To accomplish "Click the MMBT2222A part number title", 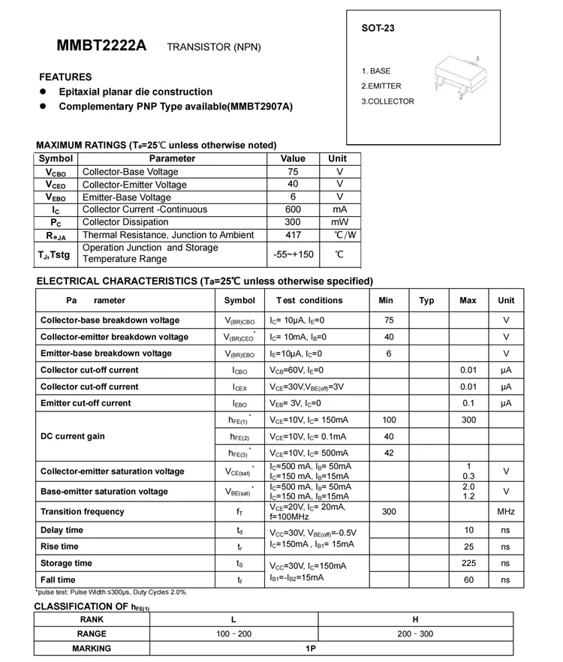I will [x=101, y=46].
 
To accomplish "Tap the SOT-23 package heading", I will [x=378, y=29].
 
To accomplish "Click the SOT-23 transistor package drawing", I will [x=457, y=77].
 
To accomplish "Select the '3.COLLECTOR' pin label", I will [x=387, y=101].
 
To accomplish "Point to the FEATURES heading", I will [x=65, y=77].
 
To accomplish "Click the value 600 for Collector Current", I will [x=293, y=209].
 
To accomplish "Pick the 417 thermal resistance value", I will [x=293, y=235].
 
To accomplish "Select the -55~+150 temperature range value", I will [x=293, y=254].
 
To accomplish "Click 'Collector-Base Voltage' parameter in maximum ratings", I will [x=130, y=172].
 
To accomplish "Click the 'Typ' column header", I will [x=426, y=300].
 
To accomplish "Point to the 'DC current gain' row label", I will [x=73, y=436].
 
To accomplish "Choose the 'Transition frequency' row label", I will [x=83, y=511].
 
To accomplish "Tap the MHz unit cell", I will [x=506, y=512].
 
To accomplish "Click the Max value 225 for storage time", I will [x=468, y=563].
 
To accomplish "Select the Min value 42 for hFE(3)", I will [x=389, y=453].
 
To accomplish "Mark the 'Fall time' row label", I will [x=58, y=579].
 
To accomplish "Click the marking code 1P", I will [x=311, y=648].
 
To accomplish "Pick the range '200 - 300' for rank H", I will [x=415, y=634].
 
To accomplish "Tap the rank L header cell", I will [x=234, y=619].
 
